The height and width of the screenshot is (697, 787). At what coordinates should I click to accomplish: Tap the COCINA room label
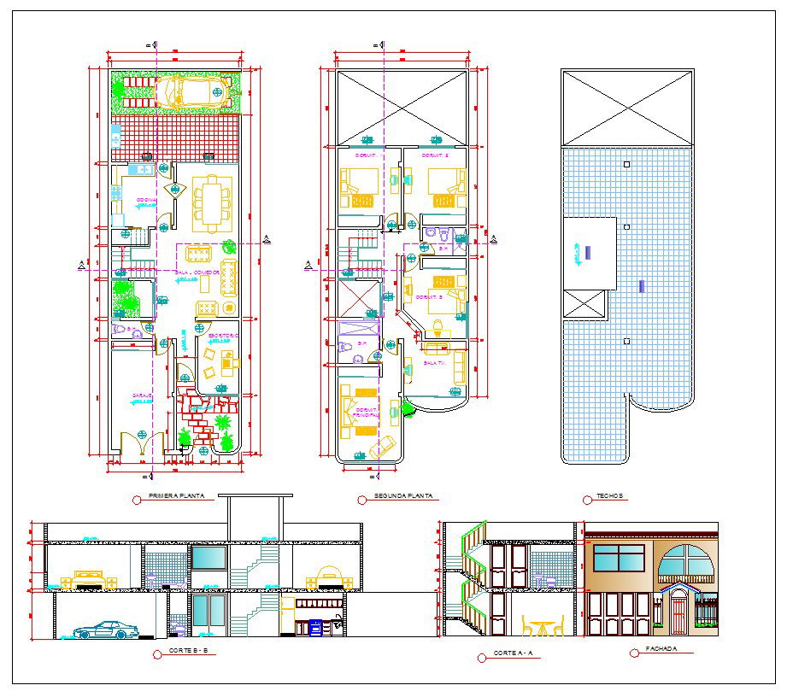(147, 201)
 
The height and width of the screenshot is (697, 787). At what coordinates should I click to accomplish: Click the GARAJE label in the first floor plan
(142, 395)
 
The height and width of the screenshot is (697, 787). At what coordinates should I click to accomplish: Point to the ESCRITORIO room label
(223, 337)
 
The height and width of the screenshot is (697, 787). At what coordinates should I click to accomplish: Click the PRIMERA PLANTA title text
(176, 496)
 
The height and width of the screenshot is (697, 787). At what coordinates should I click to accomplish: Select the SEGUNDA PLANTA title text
(403, 496)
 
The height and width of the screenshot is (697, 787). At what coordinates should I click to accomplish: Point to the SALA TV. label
(435, 363)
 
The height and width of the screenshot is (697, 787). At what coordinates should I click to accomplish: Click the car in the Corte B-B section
(107, 631)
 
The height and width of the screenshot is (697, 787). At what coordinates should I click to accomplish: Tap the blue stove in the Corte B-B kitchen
(316, 628)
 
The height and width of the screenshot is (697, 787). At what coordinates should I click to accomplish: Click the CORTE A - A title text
(513, 653)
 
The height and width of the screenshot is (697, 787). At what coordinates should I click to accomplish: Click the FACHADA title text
(662, 650)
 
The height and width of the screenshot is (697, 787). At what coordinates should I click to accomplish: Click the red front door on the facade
(679, 614)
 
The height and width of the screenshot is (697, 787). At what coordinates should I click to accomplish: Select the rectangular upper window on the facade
(619, 559)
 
